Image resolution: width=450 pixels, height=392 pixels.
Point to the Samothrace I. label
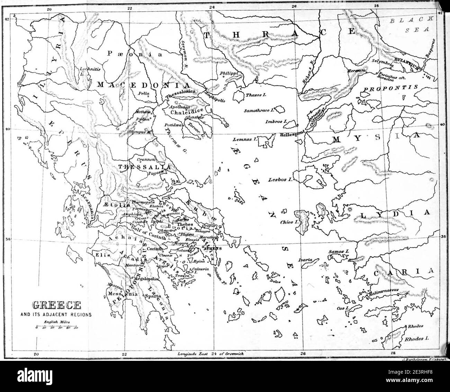259,110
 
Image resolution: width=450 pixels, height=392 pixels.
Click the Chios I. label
286,222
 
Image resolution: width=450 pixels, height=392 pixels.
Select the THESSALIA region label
144,167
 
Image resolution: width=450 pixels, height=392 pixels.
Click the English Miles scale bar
57,327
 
